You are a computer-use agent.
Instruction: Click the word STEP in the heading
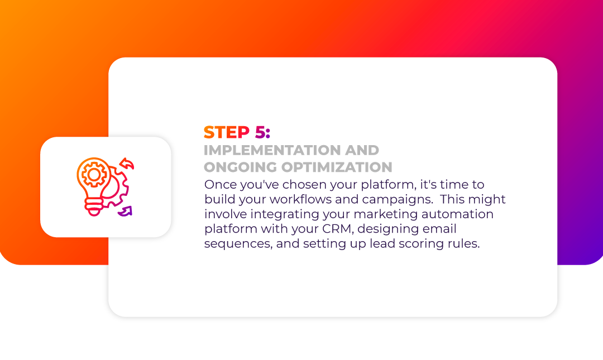pyautogui.click(x=227, y=132)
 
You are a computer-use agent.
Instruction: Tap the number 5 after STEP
pyautogui.click(x=260, y=132)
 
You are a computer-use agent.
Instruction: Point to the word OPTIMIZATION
pyautogui.click(x=337, y=167)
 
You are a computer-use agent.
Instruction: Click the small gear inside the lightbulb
pyautogui.click(x=93, y=175)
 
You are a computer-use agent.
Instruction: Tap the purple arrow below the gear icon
pyautogui.click(x=126, y=211)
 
